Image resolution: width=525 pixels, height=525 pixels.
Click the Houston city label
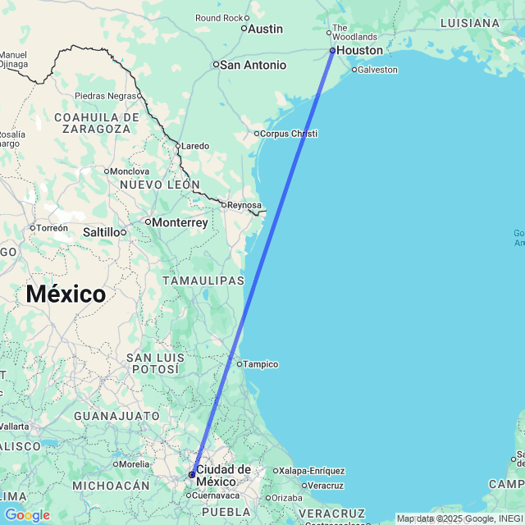[x=359, y=50]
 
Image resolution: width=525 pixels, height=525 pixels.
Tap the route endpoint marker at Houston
[x=332, y=50]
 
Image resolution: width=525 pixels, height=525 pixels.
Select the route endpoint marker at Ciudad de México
[x=192, y=474]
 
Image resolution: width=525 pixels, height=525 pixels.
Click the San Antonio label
[x=253, y=65]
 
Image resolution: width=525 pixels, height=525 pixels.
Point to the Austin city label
[x=265, y=29]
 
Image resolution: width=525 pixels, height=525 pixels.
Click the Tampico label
[x=262, y=364]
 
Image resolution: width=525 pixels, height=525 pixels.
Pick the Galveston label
[x=378, y=70]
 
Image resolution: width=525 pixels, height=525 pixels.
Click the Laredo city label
[x=195, y=146]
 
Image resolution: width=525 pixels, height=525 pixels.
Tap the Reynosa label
[x=245, y=205]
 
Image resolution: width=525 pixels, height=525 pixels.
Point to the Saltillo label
[x=101, y=232]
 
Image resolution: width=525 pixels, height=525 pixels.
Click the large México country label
[x=66, y=294]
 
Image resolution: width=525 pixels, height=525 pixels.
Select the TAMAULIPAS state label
[x=203, y=281]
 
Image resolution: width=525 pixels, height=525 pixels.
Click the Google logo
[x=27, y=515]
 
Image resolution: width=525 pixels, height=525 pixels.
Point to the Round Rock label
[x=219, y=18]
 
